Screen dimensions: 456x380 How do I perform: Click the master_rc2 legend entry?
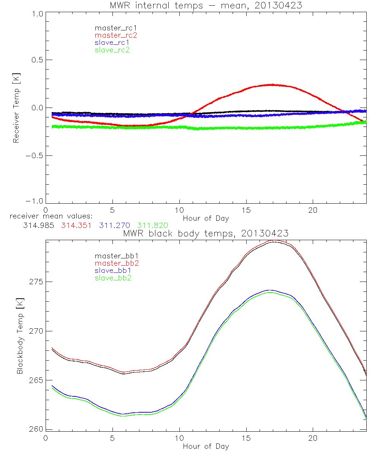pos(116,35)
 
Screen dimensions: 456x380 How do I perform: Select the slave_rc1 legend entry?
pos(112,43)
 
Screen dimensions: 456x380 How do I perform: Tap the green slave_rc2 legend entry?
pos(112,50)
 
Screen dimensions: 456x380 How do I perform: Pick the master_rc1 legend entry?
pos(116,28)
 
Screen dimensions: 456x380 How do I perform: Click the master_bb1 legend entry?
pos(116,256)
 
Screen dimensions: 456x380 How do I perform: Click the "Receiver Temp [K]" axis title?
pos(16,108)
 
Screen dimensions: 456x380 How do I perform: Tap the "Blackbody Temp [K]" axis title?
pos(20,336)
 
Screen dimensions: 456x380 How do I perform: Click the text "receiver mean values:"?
pos(48,216)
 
